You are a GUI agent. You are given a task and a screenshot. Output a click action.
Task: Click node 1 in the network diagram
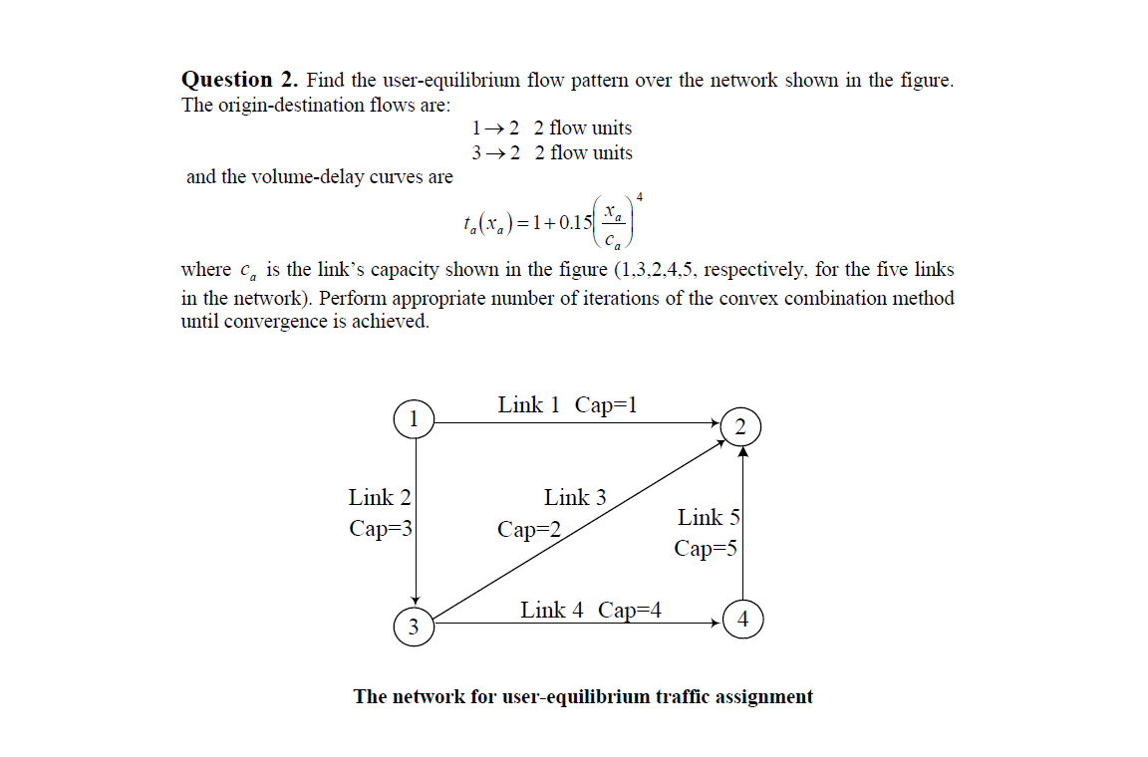pyautogui.click(x=414, y=418)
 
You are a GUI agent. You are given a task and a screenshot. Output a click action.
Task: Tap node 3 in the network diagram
pyautogui.click(x=414, y=627)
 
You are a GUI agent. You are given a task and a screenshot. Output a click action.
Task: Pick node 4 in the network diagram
pyautogui.click(x=741, y=620)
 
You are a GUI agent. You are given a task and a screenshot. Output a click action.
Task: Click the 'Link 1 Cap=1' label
pyautogui.click(x=567, y=404)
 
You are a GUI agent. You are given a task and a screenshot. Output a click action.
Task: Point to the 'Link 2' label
pyautogui.click(x=380, y=497)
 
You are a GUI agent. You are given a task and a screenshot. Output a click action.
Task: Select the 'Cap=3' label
pyautogui.click(x=380, y=528)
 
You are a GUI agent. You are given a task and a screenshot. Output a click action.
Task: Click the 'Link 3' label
pyautogui.click(x=575, y=497)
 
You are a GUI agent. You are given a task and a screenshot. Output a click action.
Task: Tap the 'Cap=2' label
pyautogui.click(x=529, y=529)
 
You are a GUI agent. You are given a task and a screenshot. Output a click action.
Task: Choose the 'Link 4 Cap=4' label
pyautogui.click(x=591, y=610)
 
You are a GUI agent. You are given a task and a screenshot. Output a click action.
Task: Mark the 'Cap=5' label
pyautogui.click(x=706, y=548)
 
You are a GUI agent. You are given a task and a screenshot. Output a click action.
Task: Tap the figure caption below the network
pyautogui.click(x=583, y=696)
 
